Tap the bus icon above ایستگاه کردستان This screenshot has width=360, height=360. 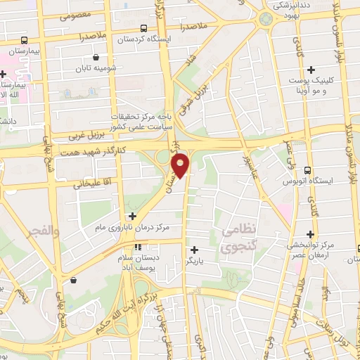tap(143, 29)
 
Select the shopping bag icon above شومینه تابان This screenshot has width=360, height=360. tap(96, 58)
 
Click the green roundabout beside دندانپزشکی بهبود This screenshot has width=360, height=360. tap(265, 18)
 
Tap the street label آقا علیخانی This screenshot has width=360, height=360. tap(91, 183)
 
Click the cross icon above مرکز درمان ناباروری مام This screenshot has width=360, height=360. tap(132, 216)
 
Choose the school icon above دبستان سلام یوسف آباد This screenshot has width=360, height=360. tap(138, 247)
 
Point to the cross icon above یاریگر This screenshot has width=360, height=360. tap(194, 249)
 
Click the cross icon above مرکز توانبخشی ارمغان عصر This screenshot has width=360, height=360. tap(310, 234)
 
